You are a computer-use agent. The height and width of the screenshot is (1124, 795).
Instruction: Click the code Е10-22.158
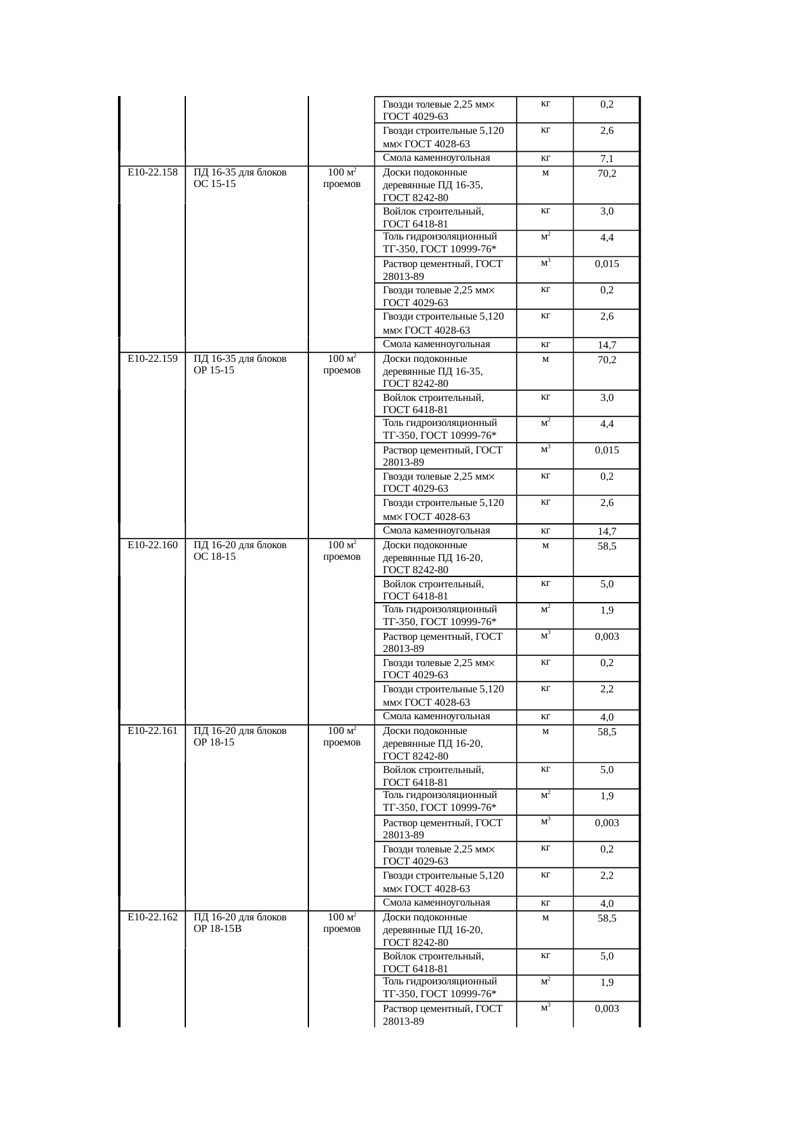coord(153,172)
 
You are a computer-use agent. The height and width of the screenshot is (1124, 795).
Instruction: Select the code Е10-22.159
coord(153,359)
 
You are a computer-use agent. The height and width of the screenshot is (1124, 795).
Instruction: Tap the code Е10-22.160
coord(153,545)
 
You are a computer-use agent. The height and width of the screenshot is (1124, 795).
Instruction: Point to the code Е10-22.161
coord(153,731)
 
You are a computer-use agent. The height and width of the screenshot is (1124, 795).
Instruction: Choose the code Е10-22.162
coord(153,917)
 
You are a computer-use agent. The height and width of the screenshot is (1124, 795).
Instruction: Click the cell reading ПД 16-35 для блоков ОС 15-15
coord(240,178)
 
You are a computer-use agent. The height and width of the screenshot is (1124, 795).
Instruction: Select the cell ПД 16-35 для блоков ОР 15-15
coord(240,364)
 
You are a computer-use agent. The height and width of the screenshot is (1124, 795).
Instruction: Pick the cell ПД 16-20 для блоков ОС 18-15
coord(240,551)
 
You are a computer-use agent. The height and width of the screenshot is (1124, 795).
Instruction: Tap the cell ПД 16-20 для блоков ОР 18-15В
coord(240,923)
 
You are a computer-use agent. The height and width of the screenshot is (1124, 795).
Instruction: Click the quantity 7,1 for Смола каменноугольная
coord(607,159)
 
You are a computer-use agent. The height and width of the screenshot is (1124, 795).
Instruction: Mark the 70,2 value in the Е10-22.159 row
coord(607,360)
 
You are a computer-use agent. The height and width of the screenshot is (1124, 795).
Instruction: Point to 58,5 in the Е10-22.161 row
coord(607,732)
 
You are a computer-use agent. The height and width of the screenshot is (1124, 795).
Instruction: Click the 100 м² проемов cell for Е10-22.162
coord(342,923)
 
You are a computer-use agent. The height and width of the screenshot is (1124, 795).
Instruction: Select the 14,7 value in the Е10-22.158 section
coord(607,345)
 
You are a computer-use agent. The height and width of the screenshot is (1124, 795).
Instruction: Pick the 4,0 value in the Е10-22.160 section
coord(607,717)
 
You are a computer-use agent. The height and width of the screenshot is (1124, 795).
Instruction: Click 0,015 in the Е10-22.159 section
coord(607,450)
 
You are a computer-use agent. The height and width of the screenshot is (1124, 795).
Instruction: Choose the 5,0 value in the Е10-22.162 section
coord(607,956)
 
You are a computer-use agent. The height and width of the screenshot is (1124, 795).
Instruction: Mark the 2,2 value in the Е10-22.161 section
coord(607,876)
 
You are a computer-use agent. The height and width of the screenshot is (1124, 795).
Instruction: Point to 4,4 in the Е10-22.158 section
coord(607,238)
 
